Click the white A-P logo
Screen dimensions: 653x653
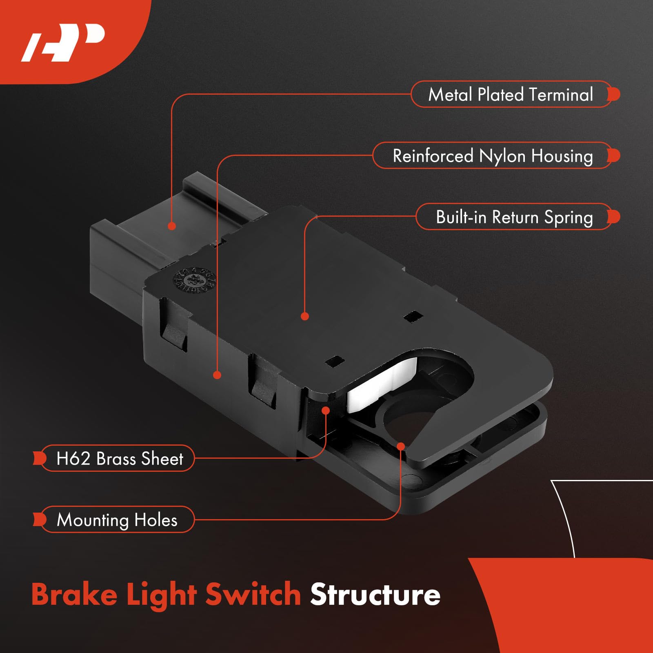pos(63,43)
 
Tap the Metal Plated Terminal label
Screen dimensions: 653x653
pos(510,94)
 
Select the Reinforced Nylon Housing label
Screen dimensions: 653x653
pos(492,156)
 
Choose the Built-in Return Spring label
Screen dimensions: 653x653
pos(514,217)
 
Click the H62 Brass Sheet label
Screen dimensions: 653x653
pos(119,458)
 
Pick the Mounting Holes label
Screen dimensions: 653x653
pos(117,520)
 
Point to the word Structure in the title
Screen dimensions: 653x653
pos(375,595)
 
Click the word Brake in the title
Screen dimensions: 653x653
pos(74,595)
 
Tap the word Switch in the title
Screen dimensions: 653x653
pos(253,595)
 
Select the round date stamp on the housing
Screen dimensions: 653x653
pos(194,280)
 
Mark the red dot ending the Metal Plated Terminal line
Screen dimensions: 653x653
pos(172,226)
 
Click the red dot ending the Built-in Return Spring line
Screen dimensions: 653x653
pos(304,316)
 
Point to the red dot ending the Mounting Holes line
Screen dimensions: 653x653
pos(401,446)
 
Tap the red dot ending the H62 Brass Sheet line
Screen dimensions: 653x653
pos(326,410)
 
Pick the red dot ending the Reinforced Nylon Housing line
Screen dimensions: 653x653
pos(217,375)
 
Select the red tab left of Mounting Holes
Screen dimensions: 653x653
pos(39,520)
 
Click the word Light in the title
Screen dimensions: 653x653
pos(161,595)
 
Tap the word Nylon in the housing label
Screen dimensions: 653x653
pos(502,156)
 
